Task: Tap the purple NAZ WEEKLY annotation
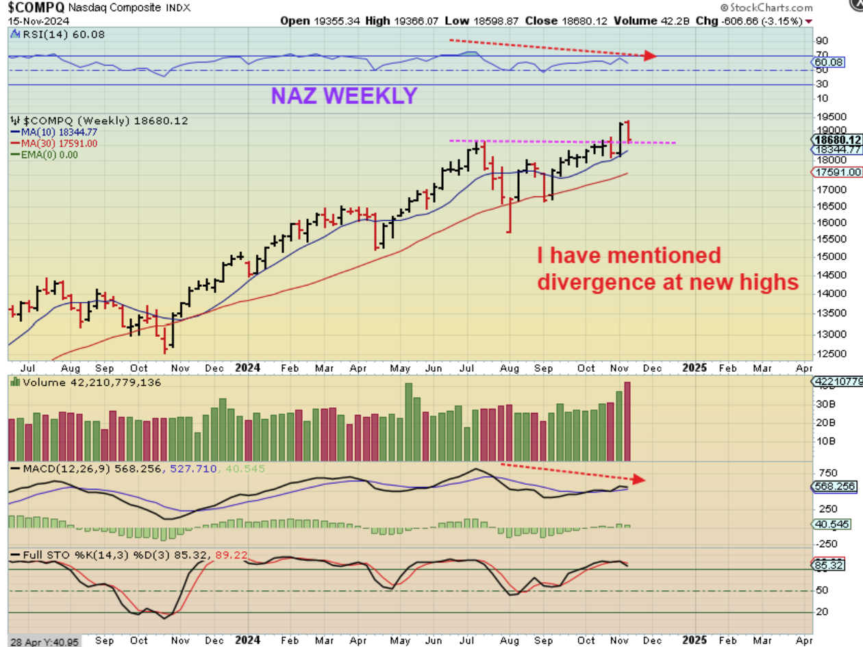[x=344, y=95]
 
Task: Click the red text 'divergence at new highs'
[x=668, y=281]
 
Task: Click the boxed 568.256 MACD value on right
[x=837, y=487]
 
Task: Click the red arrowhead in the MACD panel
[x=640, y=479]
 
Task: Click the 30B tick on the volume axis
[x=822, y=404]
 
